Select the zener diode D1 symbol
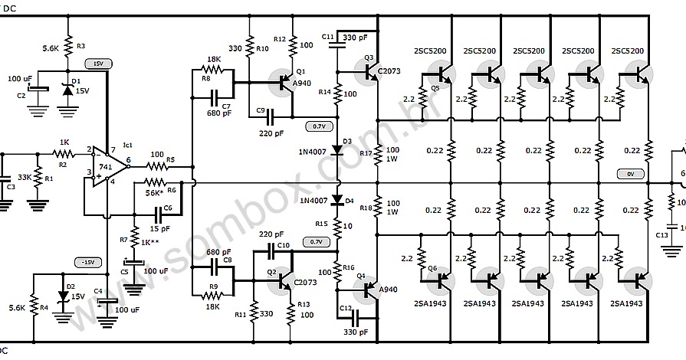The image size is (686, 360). click(x=67, y=90)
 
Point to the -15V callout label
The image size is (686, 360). click(x=86, y=262)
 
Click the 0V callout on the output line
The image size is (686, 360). click(x=629, y=175)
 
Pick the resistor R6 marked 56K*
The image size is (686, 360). click(x=155, y=182)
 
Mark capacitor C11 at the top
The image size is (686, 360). click(x=336, y=42)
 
